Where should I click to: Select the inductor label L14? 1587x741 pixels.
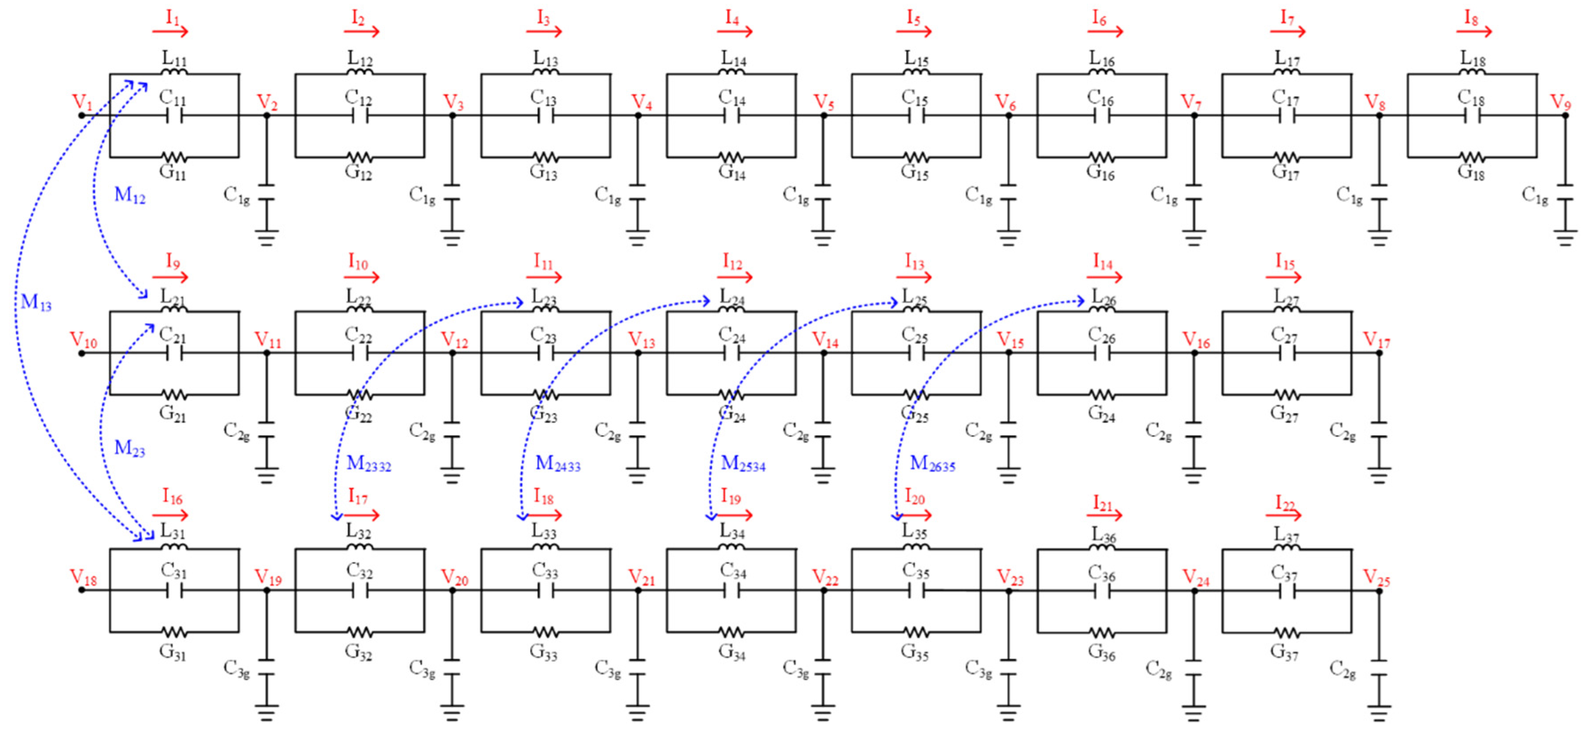(733, 59)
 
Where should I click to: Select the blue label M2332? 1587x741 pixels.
(368, 463)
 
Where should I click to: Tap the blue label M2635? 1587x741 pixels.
(932, 463)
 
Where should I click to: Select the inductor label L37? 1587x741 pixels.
(1286, 534)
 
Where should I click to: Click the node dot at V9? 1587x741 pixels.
(1565, 115)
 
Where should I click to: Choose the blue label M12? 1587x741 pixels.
(129, 195)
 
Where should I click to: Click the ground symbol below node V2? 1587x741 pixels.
(267, 238)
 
